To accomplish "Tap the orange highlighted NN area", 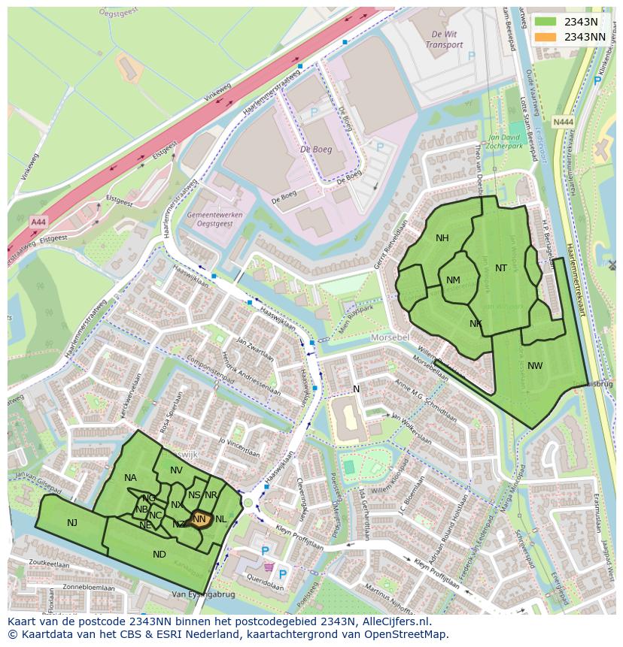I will click(x=199, y=519).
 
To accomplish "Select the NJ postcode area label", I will click(x=71, y=523).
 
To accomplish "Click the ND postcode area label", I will click(x=159, y=555).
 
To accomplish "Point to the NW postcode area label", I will click(x=535, y=366).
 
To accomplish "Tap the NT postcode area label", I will click(x=501, y=268).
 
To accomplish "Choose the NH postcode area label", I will click(x=442, y=238).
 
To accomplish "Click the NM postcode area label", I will click(x=453, y=280).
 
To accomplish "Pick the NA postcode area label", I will click(x=130, y=478).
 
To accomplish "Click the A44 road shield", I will click(x=38, y=222).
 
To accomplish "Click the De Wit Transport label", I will click(x=444, y=40).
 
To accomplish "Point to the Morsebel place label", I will click(x=391, y=337).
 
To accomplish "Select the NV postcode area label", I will click(x=176, y=470).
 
